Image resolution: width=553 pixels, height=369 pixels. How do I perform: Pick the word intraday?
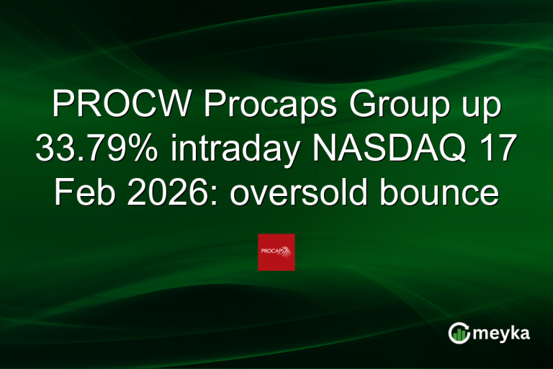click(238, 150)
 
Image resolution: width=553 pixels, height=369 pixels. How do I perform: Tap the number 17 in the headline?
click(498, 150)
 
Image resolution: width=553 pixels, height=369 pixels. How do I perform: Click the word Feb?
click(80, 192)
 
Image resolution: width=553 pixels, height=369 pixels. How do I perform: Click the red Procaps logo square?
click(276, 252)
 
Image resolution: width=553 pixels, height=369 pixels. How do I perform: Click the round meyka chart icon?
click(459, 333)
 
